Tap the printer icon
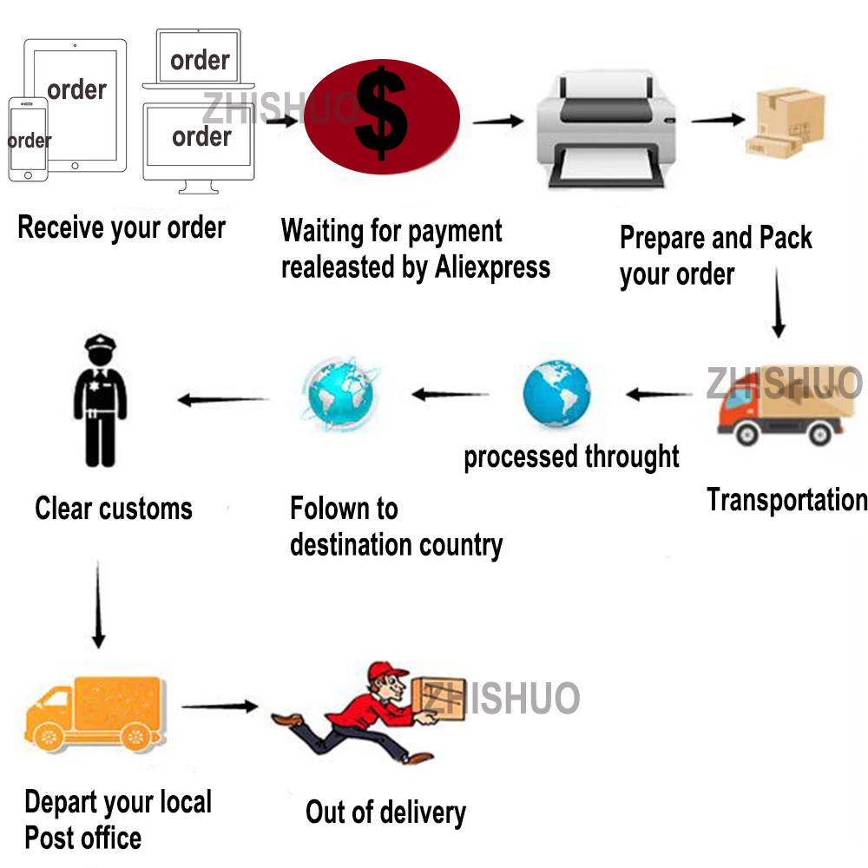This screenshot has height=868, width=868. pos(605,130)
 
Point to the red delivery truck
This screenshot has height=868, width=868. pos(779,408)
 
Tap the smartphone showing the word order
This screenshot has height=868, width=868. pos(28,139)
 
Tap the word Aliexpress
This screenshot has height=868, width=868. pos(492,267)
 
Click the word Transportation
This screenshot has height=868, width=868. pos(786,500)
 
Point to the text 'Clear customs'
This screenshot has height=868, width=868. pos(113,508)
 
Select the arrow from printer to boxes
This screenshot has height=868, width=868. pos(717,120)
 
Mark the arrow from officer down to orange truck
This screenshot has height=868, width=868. pos(98,605)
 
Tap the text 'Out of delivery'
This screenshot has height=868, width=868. pos(385,812)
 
